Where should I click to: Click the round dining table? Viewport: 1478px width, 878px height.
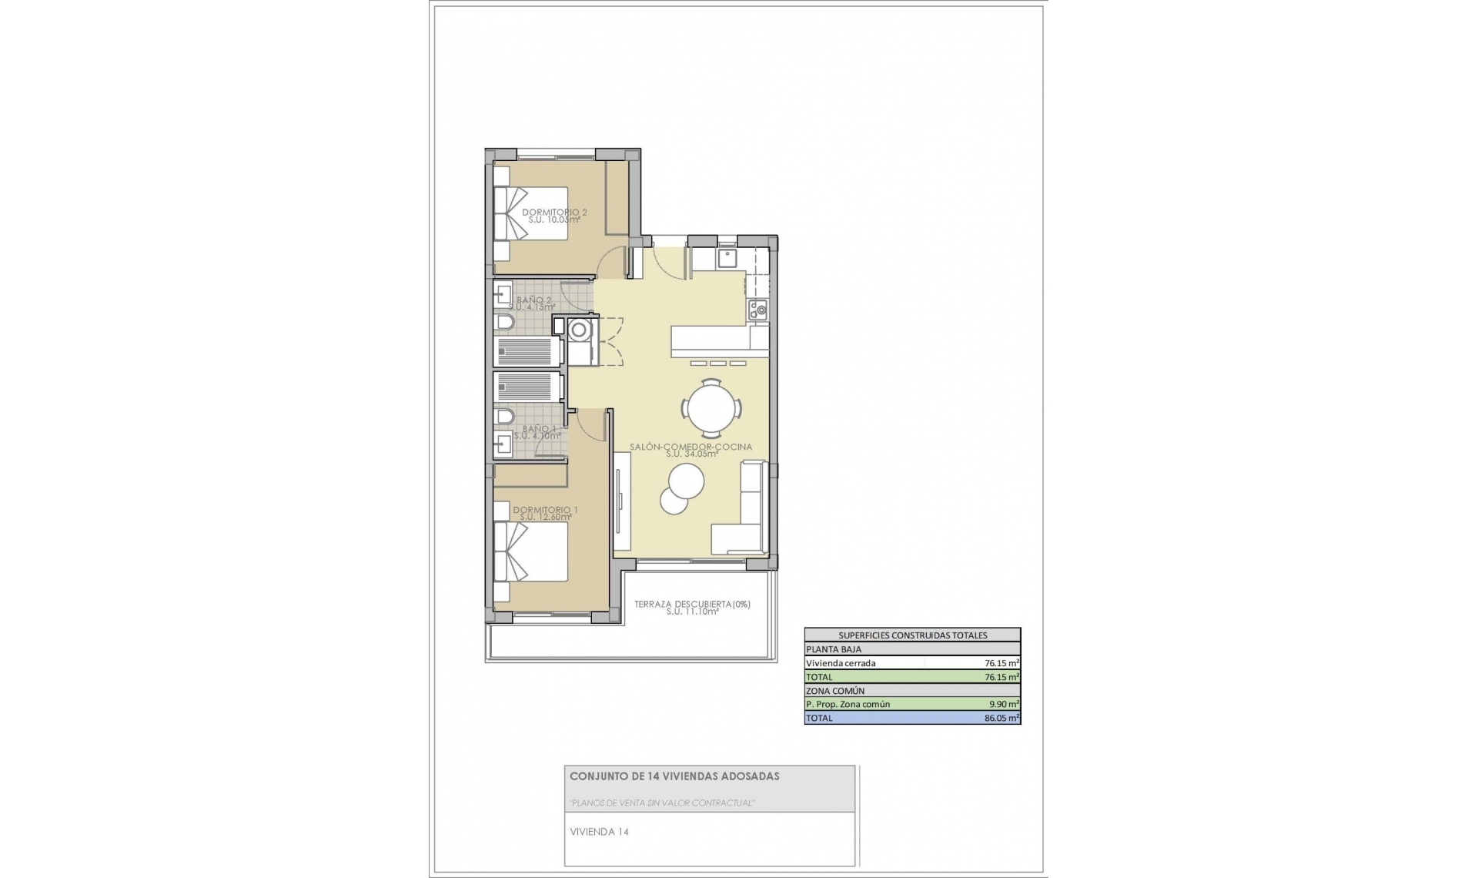tap(712, 408)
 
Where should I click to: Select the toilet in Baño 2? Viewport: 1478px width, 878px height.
tap(505, 321)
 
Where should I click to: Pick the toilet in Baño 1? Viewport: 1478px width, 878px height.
tap(505, 417)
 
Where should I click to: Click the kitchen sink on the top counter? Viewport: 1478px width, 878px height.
tap(727, 256)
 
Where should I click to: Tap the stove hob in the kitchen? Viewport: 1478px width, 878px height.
tap(758, 310)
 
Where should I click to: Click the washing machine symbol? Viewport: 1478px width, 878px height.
tap(578, 330)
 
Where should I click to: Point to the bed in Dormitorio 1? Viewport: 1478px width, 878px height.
tap(531, 551)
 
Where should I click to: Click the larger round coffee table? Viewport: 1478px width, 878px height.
tap(686, 481)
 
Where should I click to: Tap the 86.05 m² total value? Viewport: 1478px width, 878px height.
tap(1001, 718)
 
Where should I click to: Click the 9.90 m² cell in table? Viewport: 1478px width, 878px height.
tap(1003, 704)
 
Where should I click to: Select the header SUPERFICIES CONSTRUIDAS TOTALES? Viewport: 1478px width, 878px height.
tap(912, 635)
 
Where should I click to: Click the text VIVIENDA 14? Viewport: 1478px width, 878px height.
tap(599, 832)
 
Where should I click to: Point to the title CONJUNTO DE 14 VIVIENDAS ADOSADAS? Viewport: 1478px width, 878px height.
tap(674, 776)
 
